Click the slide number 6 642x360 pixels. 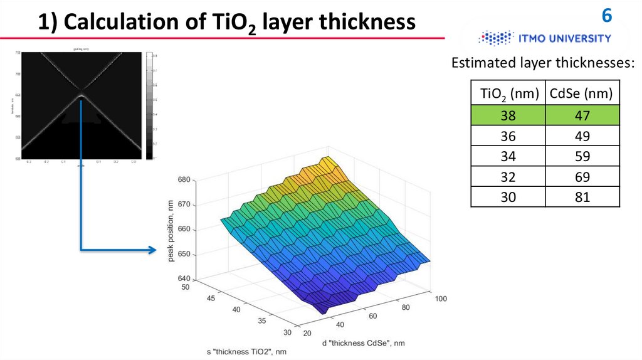pyautogui.click(x=607, y=15)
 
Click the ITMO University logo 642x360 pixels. pyautogui.click(x=544, y=38)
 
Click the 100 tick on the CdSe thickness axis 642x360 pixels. pyautogui.click(x=440, y=299)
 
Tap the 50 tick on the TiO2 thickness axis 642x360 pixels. pyautogui.click(x=184, y=287)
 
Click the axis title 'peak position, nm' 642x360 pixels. pyautogui.click(x=169, y=230)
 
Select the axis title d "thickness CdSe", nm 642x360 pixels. pyautogui.click(x=363, y=342)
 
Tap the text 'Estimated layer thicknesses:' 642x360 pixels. pyautogui.click(x=543, y=63)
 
